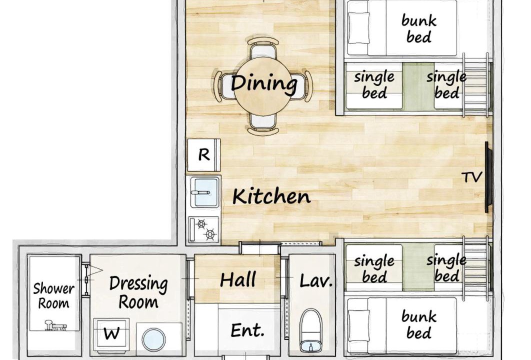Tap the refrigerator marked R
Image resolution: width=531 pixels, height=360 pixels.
click(204, 155)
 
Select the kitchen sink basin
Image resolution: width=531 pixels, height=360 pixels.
click(204, 192)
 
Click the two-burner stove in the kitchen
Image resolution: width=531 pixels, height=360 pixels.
click(204, 229)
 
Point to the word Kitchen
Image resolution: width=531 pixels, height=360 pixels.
click(271, 196)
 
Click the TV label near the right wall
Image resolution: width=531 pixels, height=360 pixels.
click(471, 177)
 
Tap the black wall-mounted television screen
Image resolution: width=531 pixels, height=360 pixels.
click(488, 177)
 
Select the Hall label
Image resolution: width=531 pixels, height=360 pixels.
click(237, 279)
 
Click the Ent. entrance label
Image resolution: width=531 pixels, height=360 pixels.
click(247, 330)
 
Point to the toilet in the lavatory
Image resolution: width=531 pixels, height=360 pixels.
click(311, 330)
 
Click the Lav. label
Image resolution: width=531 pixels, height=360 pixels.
click(315, 281)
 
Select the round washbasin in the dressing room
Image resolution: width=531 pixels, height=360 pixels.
click(153, 339)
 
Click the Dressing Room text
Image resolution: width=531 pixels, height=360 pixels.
click(138, 292)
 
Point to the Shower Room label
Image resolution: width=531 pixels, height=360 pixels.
click(54, 295)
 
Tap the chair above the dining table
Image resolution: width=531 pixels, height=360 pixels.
click(263, 48)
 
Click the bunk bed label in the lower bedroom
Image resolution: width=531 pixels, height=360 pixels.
click(419, 324)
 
